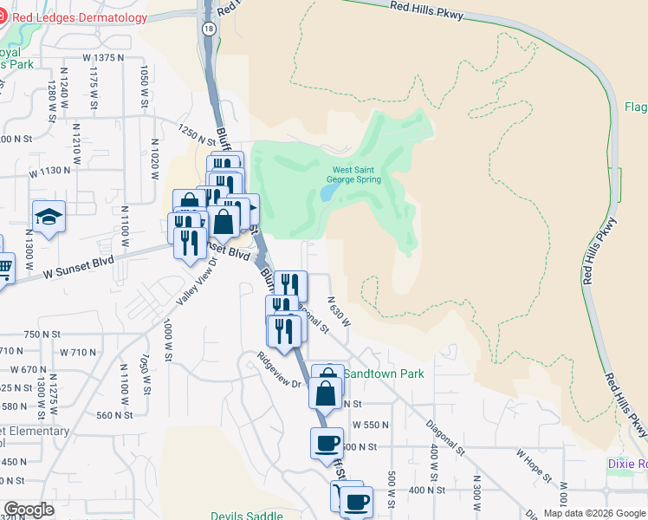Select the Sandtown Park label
[384, 374]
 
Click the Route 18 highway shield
[208, 29]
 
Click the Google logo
[29, 510]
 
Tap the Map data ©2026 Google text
[593, 513]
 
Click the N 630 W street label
[339, 310]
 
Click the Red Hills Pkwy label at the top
[426, 10]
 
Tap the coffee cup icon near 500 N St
[327, 443]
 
